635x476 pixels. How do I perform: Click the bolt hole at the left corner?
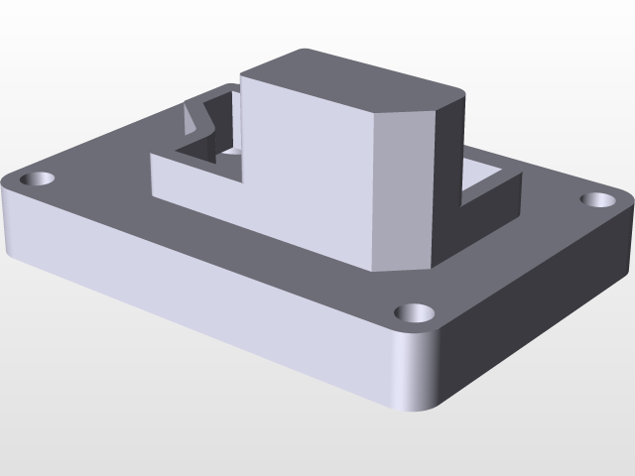coord(39,179)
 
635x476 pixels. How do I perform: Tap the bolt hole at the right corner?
coord(598,199)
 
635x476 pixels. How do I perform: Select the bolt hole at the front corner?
coord(416,313)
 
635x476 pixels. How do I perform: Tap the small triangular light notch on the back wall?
coord(190,120)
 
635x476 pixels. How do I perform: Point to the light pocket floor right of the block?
coord(486,172)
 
